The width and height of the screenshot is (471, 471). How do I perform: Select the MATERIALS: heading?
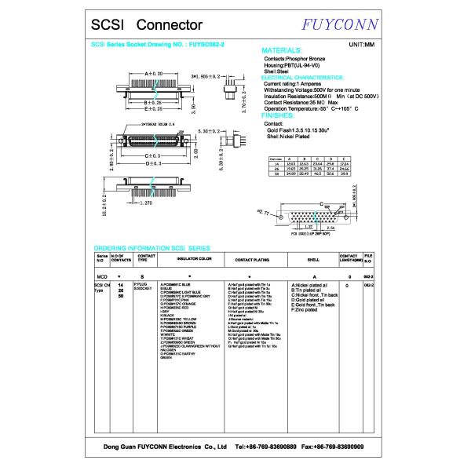282,49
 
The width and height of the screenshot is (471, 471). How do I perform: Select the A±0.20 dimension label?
148,73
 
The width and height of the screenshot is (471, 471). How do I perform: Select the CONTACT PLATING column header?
252,257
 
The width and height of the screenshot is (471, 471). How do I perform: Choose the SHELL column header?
312,257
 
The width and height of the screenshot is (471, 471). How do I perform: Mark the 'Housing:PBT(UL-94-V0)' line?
295,64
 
